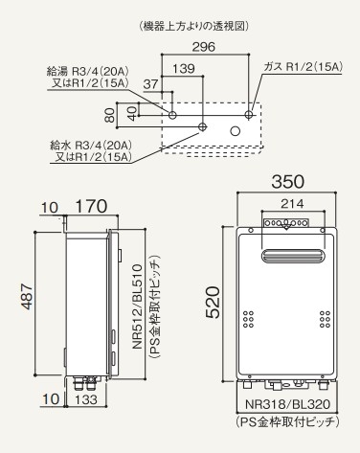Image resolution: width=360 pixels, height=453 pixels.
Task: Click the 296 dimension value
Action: point(203,47)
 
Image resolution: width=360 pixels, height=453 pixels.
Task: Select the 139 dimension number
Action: point(184,69)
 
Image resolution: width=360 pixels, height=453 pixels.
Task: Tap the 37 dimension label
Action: point(150,84)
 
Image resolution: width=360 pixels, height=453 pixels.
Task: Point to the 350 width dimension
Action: point(287,182)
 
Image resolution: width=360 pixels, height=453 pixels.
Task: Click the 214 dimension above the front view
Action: point(292,204)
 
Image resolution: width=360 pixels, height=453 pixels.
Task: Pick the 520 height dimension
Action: point(213,302)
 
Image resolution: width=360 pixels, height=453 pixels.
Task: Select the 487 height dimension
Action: point(27,297)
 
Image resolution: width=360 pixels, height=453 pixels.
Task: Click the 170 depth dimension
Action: point(92,206)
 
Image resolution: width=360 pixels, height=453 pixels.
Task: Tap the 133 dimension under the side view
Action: point(86,399)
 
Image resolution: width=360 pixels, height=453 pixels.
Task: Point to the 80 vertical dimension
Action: point(109,115)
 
